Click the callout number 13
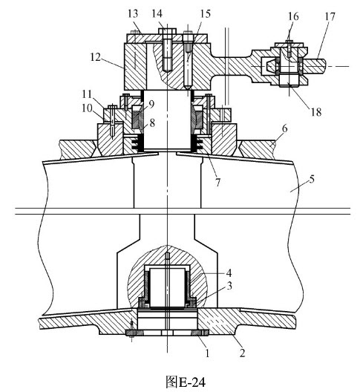133,13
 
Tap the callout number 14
157,13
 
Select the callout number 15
205,13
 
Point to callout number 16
293,16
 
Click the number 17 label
330,17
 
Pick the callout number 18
315,112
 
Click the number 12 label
95,57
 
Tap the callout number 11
88,94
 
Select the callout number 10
88,109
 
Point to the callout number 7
218,183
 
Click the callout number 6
285,129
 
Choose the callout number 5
312,179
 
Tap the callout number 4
229,272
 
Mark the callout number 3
229,286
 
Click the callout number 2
242,353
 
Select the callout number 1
207,353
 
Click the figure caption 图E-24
186,382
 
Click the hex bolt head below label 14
167,31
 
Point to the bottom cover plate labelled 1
167,333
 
